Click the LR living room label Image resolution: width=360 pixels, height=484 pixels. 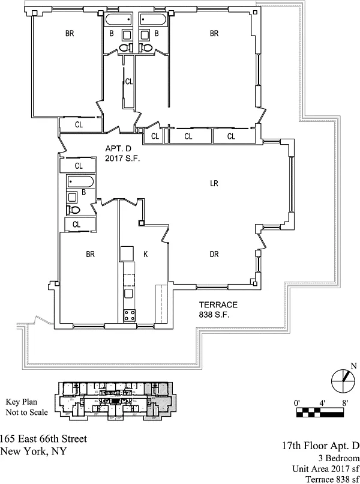214,184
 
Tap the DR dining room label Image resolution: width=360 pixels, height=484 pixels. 214,254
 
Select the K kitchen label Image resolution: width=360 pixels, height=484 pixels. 145,254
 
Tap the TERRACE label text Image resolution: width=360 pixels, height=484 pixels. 218,304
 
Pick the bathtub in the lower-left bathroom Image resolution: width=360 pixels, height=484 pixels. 79,182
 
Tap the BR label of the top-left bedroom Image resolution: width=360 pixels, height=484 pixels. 70,34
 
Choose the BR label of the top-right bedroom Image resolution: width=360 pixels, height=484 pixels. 214,34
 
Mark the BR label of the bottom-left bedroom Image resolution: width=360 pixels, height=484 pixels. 91,254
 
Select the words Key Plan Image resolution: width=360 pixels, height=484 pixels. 21,402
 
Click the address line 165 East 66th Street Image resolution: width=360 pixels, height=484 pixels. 43,440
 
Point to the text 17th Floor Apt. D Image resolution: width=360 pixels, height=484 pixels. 320,446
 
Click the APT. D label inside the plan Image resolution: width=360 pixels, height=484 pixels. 118,148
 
